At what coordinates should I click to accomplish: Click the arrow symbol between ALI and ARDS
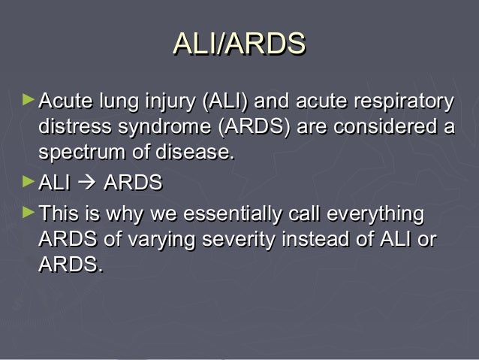click(87, 183)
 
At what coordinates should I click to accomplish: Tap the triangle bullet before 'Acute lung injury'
click(29, 99)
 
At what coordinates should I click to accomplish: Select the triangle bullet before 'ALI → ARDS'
click(29, 181)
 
